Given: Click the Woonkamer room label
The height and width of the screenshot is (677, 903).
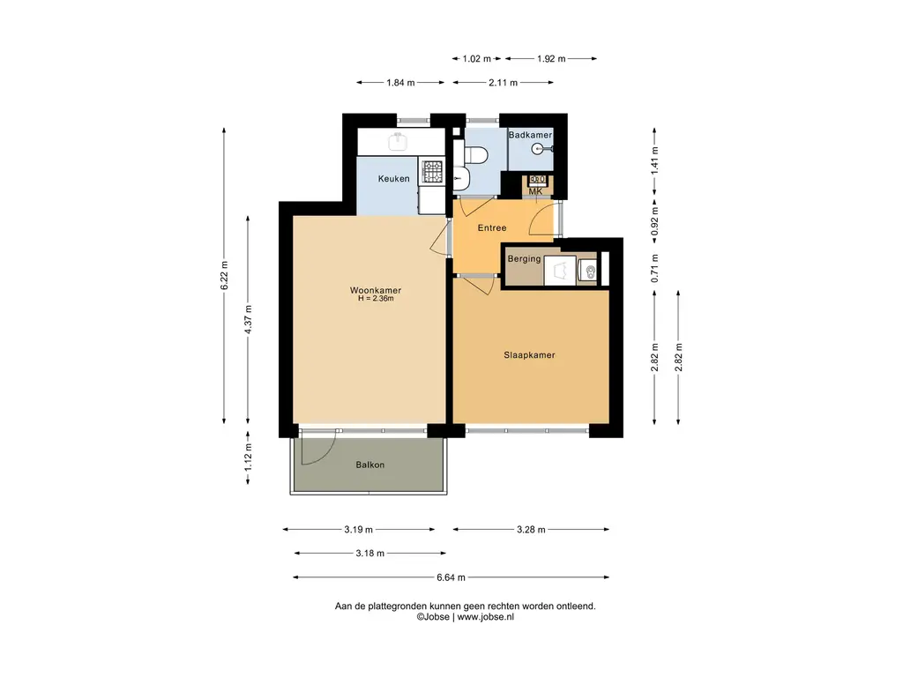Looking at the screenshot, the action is coord(376,290).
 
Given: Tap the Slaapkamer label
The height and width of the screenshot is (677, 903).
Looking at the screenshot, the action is coord(529,355).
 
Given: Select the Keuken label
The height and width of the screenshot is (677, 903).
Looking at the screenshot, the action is coord(394,178).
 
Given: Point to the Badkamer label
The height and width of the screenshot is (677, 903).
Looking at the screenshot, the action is coord(530,135).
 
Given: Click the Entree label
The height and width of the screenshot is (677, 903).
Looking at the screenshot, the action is coord(492,228).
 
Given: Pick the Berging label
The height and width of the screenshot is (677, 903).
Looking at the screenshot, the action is coord(524,259).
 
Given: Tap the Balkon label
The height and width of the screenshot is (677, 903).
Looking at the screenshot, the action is coord(369,465).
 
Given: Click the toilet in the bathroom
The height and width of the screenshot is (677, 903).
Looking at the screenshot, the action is coord(475,155).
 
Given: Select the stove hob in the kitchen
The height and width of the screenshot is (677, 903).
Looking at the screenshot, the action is coord(432,172).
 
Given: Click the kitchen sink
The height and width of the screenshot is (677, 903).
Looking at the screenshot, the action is coord(398,140).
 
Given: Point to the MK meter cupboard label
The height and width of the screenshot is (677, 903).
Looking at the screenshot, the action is coord(535,191).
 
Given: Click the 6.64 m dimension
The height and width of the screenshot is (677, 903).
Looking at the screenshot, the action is coord(451,577).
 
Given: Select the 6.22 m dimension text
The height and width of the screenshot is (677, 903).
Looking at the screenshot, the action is coord(225,276).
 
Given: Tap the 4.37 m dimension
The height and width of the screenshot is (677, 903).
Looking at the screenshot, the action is coord(248,320).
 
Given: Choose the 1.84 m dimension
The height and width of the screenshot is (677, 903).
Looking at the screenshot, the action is coord(400,82).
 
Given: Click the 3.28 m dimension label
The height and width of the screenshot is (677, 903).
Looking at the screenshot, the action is coord(531,530).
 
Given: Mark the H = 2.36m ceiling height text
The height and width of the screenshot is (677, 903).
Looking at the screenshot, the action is coord(376,299).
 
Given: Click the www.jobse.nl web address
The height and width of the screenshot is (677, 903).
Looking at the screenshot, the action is coord(486,617).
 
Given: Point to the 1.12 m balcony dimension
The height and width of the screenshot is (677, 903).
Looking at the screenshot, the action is coord(248,457).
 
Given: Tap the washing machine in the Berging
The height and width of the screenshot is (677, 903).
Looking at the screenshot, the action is coord(560,270).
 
